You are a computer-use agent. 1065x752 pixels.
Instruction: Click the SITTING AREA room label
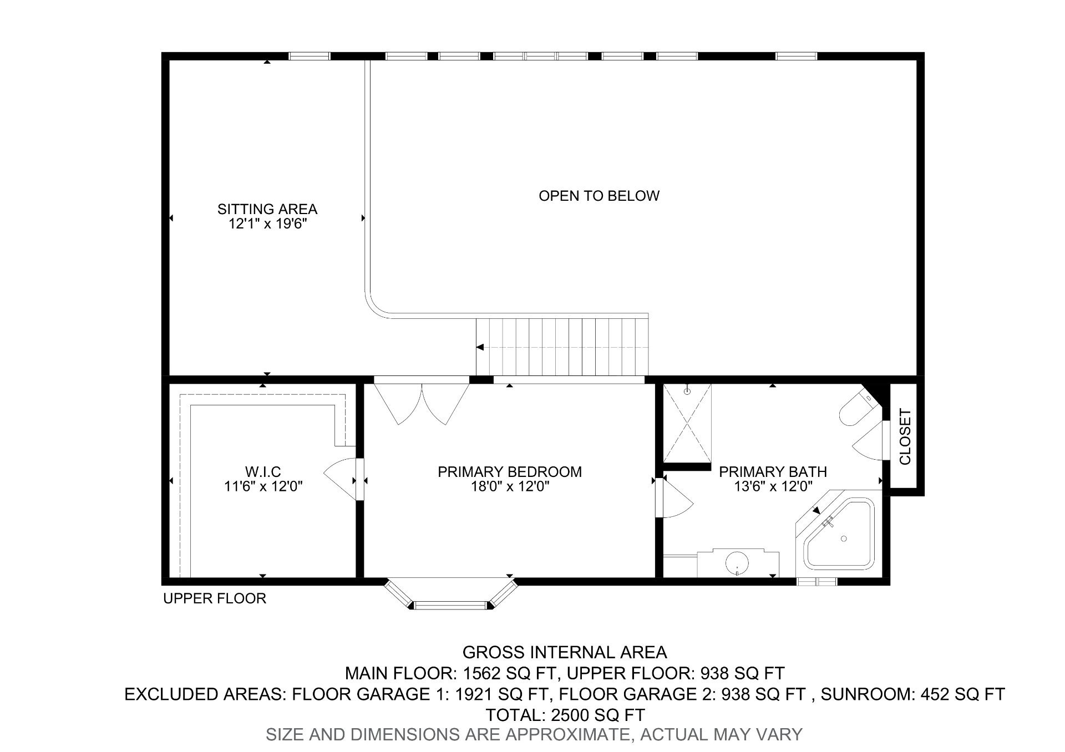pyautogui.click(x=267, y=209)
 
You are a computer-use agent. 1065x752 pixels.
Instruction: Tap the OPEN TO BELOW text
pyautogui.click(x=599, y=196)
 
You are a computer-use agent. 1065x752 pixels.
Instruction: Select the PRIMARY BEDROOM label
pyautogui.click(x=509, y=472)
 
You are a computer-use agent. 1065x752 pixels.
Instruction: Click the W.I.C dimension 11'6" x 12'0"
pyautogui.click(x=263, y=487)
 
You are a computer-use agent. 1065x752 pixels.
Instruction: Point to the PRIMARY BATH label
pyautogui.click(x=773, y=472)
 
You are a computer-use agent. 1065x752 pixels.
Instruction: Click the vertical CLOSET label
pyautogui.click(x=905, y=437)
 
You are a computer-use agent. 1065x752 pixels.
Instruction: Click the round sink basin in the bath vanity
pyautogui.click(x=737, y=563)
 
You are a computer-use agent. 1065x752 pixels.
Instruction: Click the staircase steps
pyautogui.click(x=562, y=347)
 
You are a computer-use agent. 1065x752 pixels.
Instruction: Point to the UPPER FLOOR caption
pyautogui.click(x=215, y=598)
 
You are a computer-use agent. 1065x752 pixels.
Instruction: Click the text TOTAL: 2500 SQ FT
pyautogui.click(x=565, y=714)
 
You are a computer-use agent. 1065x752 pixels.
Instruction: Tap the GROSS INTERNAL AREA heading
pyautogui.click(x=565, y=652)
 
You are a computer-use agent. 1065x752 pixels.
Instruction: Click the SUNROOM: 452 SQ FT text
pyautogui.click(x=912, y=694)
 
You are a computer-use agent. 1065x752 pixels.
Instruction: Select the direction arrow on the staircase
pyautogui.click(x=480, y=347)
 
